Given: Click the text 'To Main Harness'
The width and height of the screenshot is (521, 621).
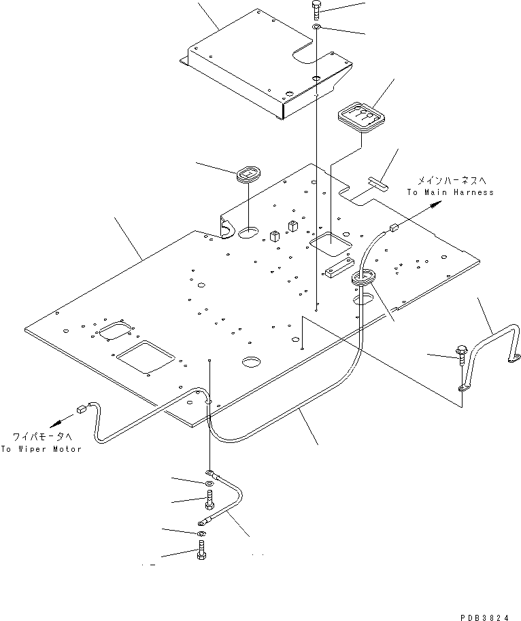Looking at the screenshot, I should tap(450, 192).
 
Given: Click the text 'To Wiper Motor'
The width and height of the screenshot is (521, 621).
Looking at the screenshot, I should tap(41, 449).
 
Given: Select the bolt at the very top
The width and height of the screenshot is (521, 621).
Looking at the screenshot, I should tap(316, 10).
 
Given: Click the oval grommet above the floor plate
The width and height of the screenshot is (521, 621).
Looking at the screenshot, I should tap(248, 175).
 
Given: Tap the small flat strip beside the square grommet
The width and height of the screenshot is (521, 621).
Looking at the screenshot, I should tap(377, 181).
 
